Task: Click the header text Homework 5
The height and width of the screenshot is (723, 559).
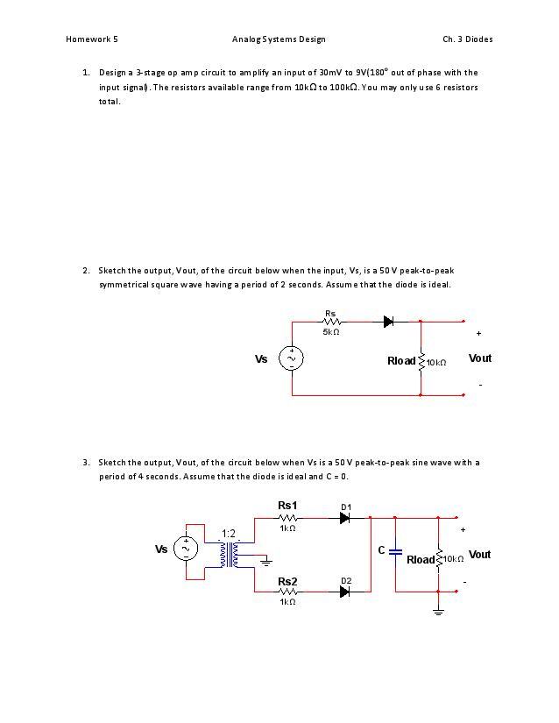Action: click(91, 39)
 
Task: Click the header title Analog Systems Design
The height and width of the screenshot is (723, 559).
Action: click(279, 39)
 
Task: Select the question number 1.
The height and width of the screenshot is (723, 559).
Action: click(86, 72)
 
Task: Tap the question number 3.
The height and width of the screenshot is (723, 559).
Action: click(86, 462)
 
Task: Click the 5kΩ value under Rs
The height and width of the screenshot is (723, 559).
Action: click(331, 333)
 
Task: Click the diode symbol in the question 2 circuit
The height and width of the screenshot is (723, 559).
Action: click(388, 322)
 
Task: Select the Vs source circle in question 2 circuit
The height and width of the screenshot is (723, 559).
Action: click(291, 359)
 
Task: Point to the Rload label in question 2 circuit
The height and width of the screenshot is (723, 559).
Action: click(401, 361)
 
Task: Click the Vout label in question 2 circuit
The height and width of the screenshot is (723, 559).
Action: click(480, 358)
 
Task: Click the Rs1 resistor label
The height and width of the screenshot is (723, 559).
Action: click(287, 506)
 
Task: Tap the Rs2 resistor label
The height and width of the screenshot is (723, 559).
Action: click(287, 581)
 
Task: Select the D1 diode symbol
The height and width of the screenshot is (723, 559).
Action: click(345, 518)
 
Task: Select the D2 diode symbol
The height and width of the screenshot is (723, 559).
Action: click(345, 592)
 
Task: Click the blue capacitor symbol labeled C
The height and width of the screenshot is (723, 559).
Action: click(395, 552)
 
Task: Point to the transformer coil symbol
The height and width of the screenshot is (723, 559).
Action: click(232, 555)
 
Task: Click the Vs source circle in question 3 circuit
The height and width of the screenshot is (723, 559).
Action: click(185, 549)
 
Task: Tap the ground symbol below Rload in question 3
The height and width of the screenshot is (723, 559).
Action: click(438, 613)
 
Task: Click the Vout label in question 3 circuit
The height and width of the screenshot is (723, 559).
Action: click(480, 555)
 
